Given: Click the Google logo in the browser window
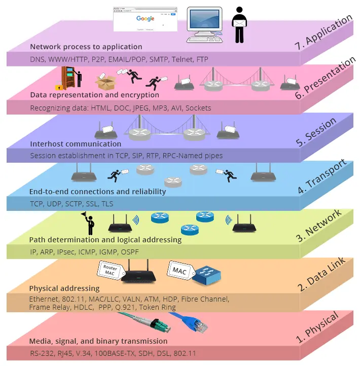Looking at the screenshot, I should click(x=145, y=19).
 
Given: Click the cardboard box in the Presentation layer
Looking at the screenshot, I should click(x=107, y=82).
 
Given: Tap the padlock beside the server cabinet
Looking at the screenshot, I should click(x=59, y=86).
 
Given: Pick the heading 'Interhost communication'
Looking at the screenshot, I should click(x=76, y=144).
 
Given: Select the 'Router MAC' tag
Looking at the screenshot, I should click(x=110, y=270).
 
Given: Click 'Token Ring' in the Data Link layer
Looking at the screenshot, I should click(x=158, y=307).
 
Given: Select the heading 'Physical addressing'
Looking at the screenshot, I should click(x=64, y=289).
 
